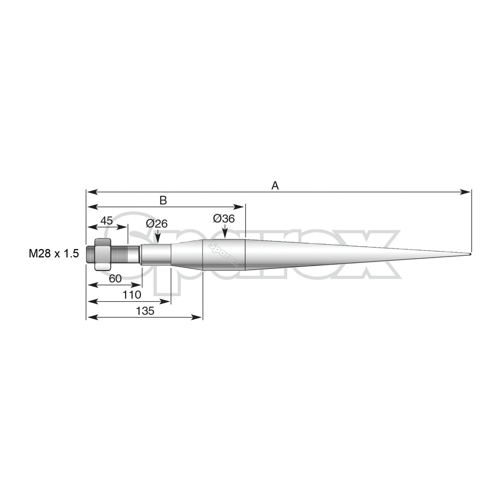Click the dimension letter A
[275, 185]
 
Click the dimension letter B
[163, 200]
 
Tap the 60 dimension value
[115, 278]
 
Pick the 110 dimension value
[132, 295]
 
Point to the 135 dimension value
[146, 311]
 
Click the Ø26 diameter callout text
[157, 224]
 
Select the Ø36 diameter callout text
[224, 219]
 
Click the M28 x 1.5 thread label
[54, 254]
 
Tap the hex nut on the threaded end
[103, 254]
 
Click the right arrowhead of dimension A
[467, 192]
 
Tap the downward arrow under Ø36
[225, 234]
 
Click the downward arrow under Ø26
[157, 239]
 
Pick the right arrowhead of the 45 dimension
[123, 227]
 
